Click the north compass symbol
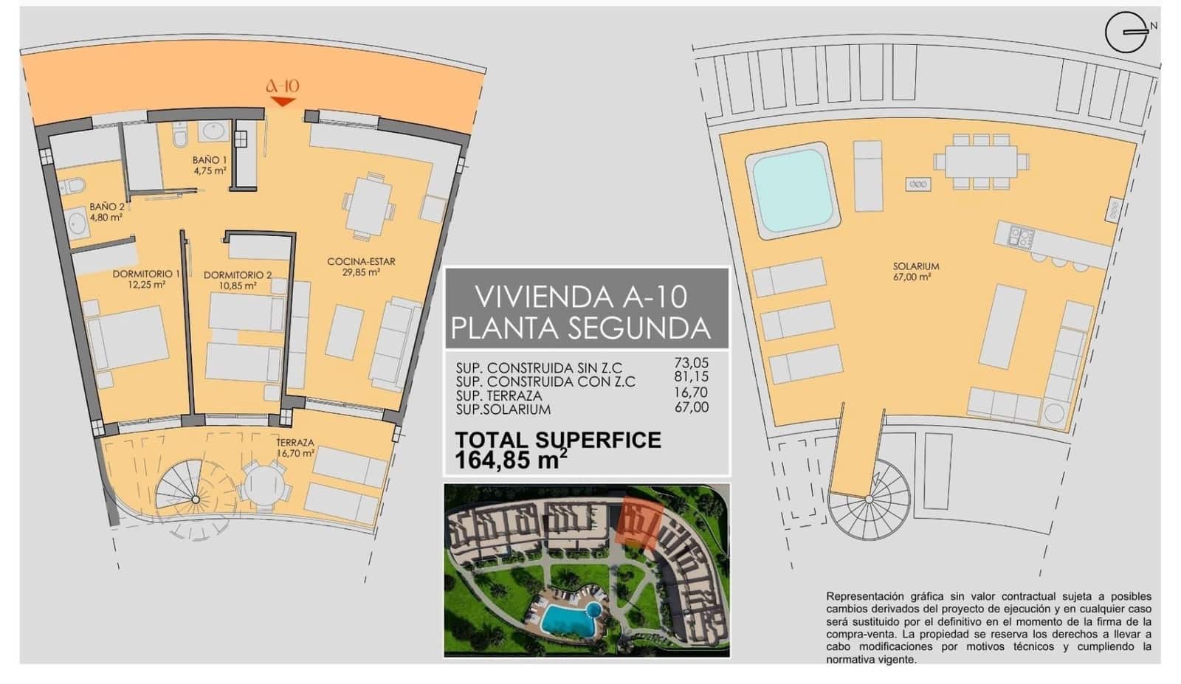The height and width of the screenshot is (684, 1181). (1126, 33)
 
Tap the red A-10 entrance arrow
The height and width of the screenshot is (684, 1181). (283, 101)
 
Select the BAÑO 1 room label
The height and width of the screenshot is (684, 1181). (210, 165)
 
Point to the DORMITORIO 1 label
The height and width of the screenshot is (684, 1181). (146, 278)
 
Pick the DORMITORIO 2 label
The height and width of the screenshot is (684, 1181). (238, 280)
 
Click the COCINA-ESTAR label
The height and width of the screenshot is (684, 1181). (361, 266)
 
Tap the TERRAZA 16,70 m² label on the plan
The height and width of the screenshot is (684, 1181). (295, 448)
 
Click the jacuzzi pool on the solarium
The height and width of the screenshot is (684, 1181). (793, 190)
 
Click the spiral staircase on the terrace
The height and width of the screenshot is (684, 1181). (196, 500)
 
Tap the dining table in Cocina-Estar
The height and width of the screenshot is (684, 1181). (368, 207)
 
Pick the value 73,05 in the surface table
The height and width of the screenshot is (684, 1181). (691, 363)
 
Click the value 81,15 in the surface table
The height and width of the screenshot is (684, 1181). (691, 378)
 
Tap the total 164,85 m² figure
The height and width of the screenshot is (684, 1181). (511, 460)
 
